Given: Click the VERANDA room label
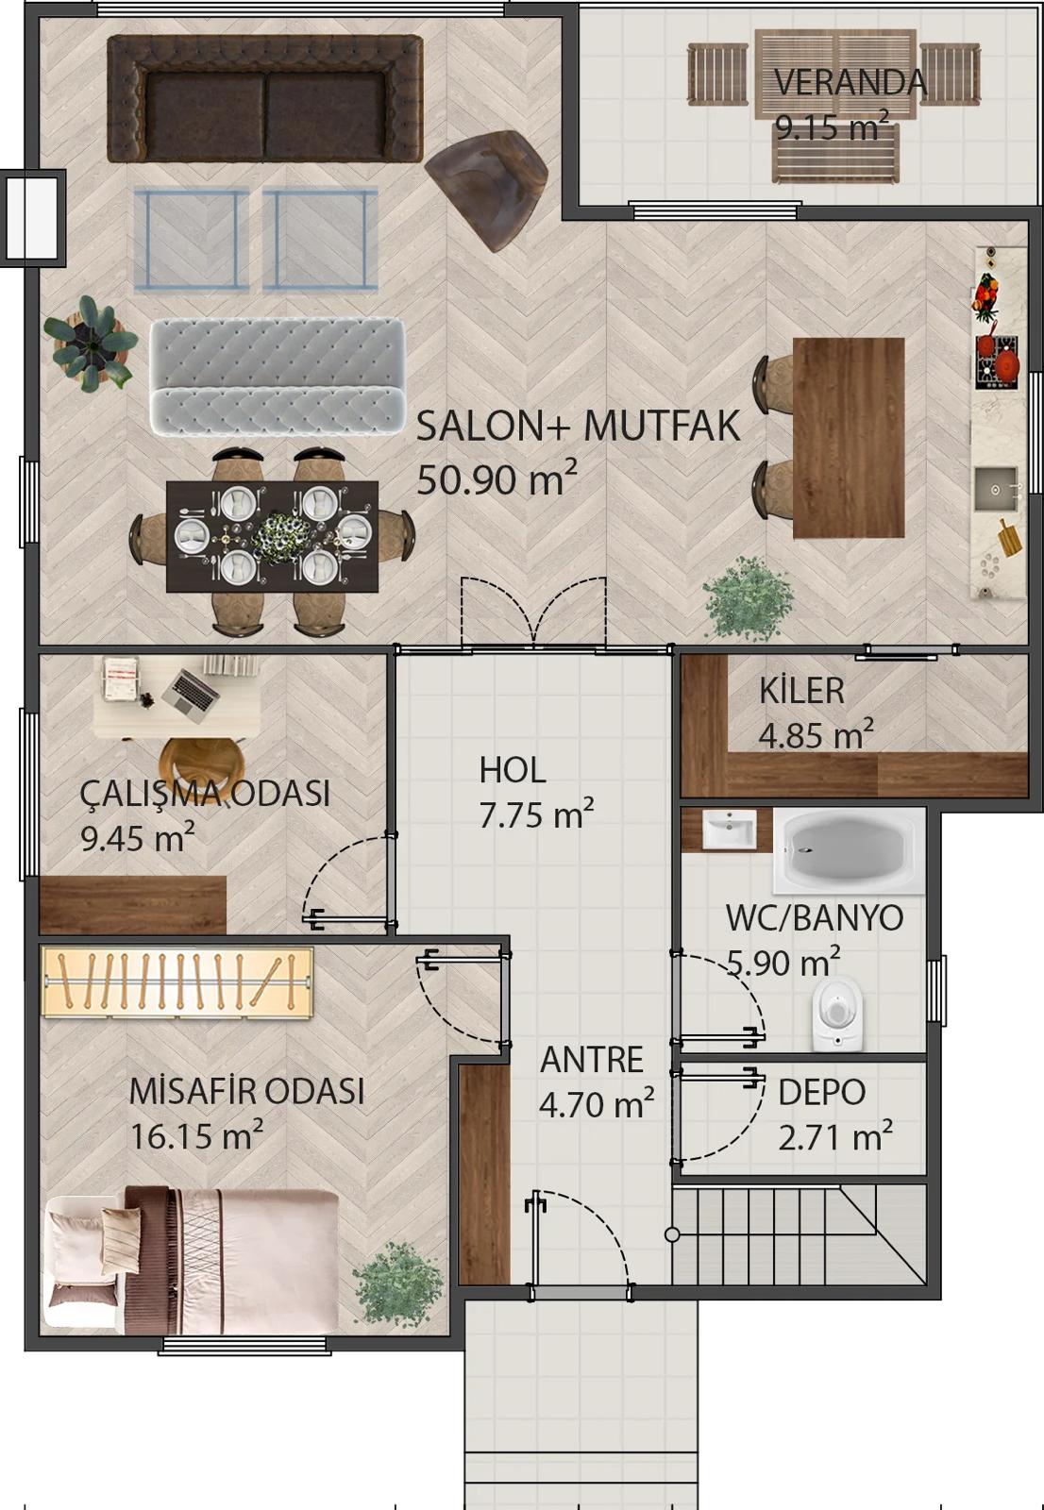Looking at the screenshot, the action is (850, 82).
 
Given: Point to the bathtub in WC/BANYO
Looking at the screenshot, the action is (850, 851).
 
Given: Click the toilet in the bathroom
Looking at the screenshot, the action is (837, 1014).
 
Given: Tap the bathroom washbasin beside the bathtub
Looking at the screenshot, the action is (729, 830).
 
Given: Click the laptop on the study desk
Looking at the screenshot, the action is (192, 695).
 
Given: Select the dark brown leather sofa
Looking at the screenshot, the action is (265, 98).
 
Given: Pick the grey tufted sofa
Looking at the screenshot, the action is (278, 376).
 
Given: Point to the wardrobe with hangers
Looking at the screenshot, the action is (177, 982).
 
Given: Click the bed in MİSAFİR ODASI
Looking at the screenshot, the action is (192, 1261).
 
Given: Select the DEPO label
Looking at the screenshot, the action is (821, 1092).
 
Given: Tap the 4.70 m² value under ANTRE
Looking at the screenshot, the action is (597, 1103).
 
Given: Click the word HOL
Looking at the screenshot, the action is (513, 770).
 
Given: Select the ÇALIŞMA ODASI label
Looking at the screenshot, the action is (205, 794).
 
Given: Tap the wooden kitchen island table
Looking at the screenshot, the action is (849, 438).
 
